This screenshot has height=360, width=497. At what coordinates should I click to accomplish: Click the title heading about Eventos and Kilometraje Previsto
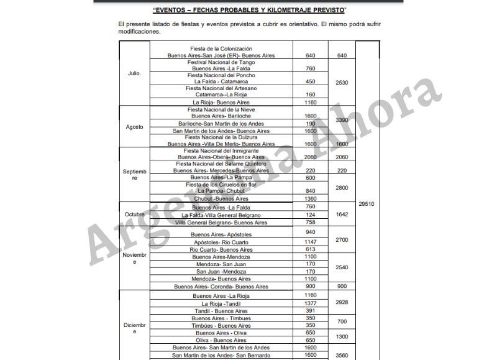pos(248,11)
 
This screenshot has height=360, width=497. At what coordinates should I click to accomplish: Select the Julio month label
pos(134,73)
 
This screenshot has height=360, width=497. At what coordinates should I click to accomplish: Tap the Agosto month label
pos(134,127)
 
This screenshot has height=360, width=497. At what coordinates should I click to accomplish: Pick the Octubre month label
pos(134,215)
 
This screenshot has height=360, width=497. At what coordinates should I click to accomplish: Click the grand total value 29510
pos(367,203)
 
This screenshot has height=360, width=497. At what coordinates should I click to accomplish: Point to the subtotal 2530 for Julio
pos(342,82)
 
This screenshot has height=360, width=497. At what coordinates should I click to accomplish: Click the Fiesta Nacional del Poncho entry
pos(221,78)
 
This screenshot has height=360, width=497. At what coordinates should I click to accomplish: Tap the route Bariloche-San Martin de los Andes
pos(221,123)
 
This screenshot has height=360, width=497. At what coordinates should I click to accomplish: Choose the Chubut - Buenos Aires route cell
pos(221,199)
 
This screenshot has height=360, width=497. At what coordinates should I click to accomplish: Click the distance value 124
pos(311,215)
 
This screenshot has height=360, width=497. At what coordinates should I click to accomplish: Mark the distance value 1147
pos(311,241)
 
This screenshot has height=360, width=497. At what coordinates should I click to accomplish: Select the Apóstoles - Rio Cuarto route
pos(221,241)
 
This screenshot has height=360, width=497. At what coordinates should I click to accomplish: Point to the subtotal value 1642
pos(342,215)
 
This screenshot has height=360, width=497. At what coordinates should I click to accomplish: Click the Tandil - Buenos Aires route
pos(221,311)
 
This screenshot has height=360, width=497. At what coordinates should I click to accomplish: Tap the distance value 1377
pos(311,303)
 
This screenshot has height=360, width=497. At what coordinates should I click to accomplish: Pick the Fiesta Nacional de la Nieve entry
pos(221,113)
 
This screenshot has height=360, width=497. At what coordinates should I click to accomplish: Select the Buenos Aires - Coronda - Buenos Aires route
pos(221,287)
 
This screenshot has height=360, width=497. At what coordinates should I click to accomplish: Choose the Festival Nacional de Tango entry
pos(221,65)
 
